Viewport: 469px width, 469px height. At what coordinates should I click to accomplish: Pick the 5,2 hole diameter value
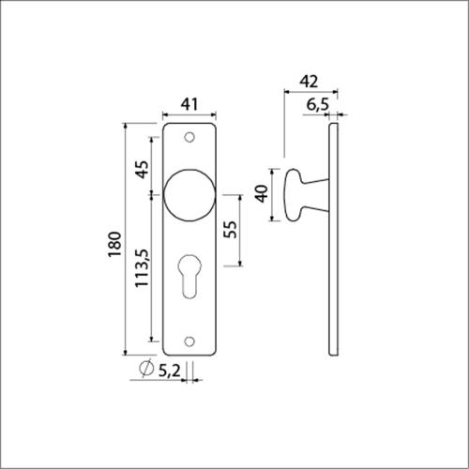coord(169,371)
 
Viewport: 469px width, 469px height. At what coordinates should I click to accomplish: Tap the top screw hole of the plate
coord(190,138)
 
